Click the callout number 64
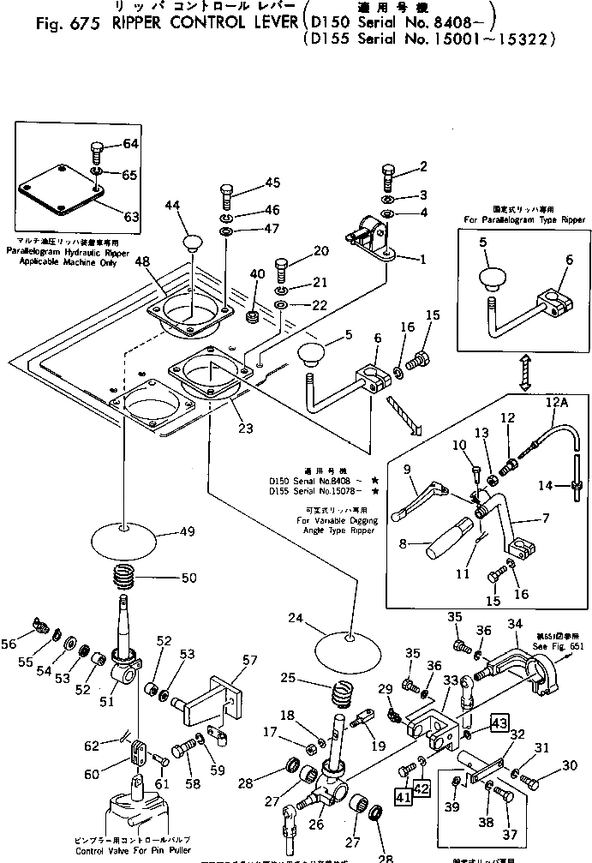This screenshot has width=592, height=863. pos(130,144)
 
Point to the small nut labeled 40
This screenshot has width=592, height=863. pos(254,318)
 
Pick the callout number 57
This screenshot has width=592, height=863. pos(249,661)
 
